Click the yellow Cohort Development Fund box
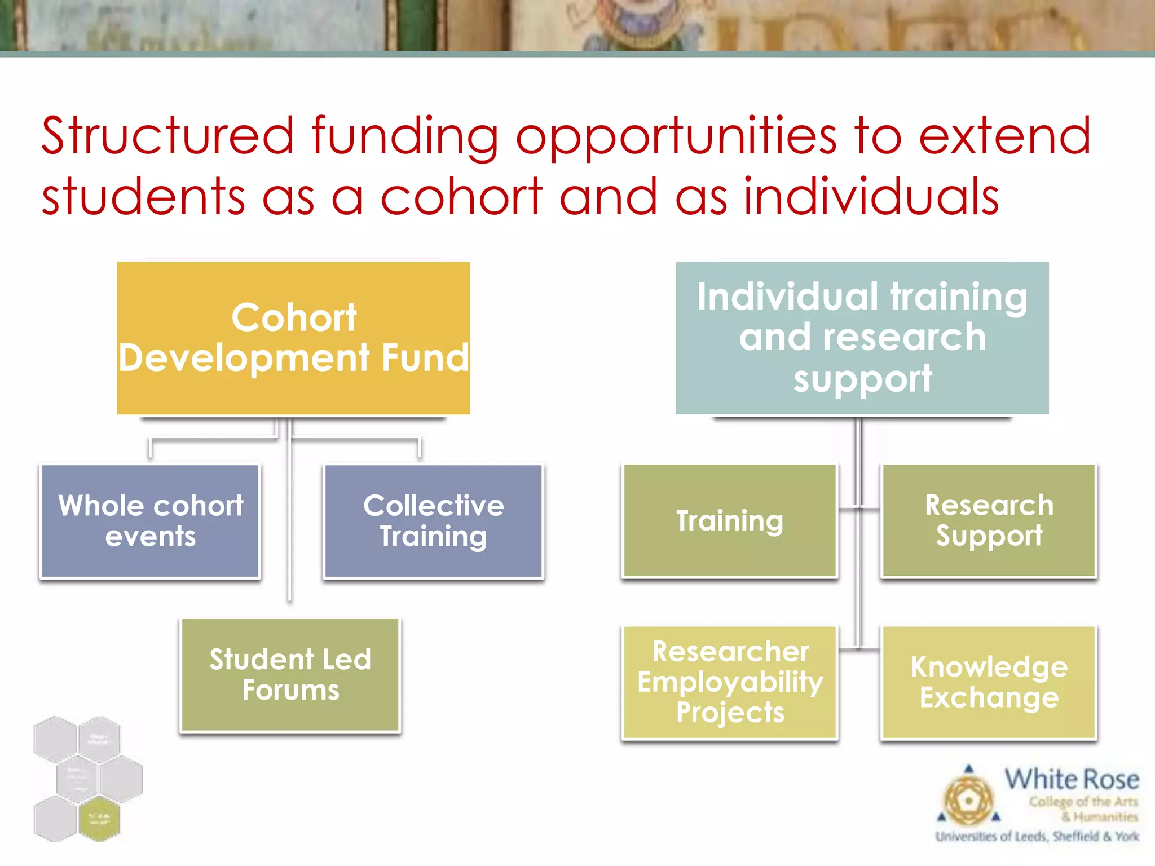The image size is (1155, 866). point(293,338)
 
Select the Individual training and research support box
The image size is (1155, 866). point(862,338)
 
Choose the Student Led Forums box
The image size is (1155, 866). point(290,675)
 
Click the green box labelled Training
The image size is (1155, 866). point(730,520)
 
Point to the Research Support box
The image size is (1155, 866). point(989,520)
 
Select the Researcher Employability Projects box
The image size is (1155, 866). point(730,682)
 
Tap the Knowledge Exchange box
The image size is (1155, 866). point(989,682)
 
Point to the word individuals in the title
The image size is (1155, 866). point(871,197)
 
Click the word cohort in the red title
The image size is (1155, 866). point(461,197)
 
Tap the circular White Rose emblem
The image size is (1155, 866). point(968,799)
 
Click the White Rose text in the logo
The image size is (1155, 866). point(1072,780)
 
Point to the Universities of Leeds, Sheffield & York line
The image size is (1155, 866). point(1037,836)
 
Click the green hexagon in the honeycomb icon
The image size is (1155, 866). point(99,819)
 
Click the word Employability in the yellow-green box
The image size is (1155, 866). point(730,682)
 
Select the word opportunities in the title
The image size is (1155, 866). point(676,137)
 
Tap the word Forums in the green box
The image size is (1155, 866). point(290,691)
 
